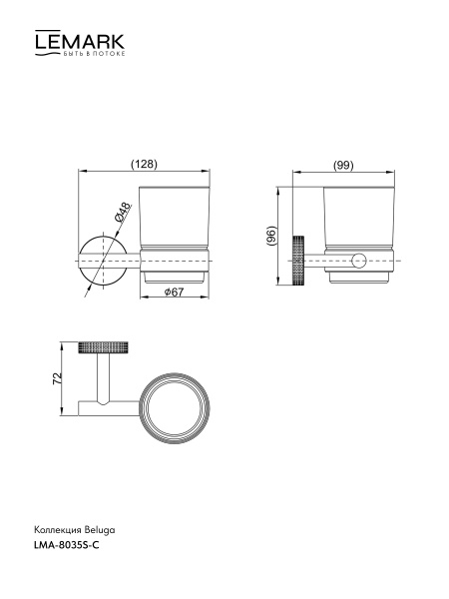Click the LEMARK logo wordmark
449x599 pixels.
[x=80, y=42]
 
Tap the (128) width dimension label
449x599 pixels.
[x=144, y=164]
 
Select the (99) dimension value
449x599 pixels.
[x=343, y=166]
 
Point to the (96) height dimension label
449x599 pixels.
[x=271, y=236]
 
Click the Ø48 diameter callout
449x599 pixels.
[x=123, y=213]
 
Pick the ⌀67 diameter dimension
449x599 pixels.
[x=174, y=292]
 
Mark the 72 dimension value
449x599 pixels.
[x=57, y=378]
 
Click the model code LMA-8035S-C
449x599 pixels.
[x=67, y=545]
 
